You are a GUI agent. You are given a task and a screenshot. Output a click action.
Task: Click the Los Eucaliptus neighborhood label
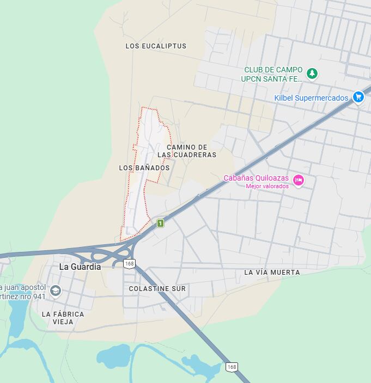pyautogui.click(x=156, y=46)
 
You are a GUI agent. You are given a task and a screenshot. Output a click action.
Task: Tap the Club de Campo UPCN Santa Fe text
pyautogui.click(x=273, y=74)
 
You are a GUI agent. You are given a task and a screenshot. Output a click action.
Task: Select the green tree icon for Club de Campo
pyautogui.click(x=312, y=73)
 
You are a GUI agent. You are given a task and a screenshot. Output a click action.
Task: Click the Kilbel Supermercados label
pyautogui.click(x=311, y=98)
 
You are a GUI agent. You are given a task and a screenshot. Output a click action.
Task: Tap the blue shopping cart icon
pyautogui.click(x=358, y=97)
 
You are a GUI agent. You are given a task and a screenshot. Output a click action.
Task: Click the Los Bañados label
pyautogui.click(x=144, y=168)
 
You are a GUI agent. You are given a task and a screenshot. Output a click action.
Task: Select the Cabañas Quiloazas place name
pyautogui.click(x=256, y=178)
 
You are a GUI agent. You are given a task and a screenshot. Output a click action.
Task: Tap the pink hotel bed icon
pyautogui.click(x=298, y=180)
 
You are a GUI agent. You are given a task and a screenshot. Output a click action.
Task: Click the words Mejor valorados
pyautogui.click(x=267, y=186)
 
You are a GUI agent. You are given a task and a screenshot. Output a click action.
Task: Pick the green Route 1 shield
pyautogui.click(x=160, y=223)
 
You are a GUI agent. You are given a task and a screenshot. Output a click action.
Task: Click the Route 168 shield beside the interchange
pyautogui.click(x=129, y=264)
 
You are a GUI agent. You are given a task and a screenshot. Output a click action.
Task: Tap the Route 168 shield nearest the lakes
pyautogui.click(x=232, y=367)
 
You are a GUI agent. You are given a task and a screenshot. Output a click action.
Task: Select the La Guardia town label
pyautogui.click(x=80, y=267)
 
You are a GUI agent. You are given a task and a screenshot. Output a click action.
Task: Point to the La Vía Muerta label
pyautogui.click(x=272, y=272)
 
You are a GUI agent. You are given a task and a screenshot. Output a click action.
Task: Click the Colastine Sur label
pyautogui.click(x=157, y=289)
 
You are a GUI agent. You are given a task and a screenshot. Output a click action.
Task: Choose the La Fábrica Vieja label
pyautogui.click(x=63, y=318)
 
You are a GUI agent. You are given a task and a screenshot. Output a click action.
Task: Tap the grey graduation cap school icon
pyautogui.click(x=55, y=291)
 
